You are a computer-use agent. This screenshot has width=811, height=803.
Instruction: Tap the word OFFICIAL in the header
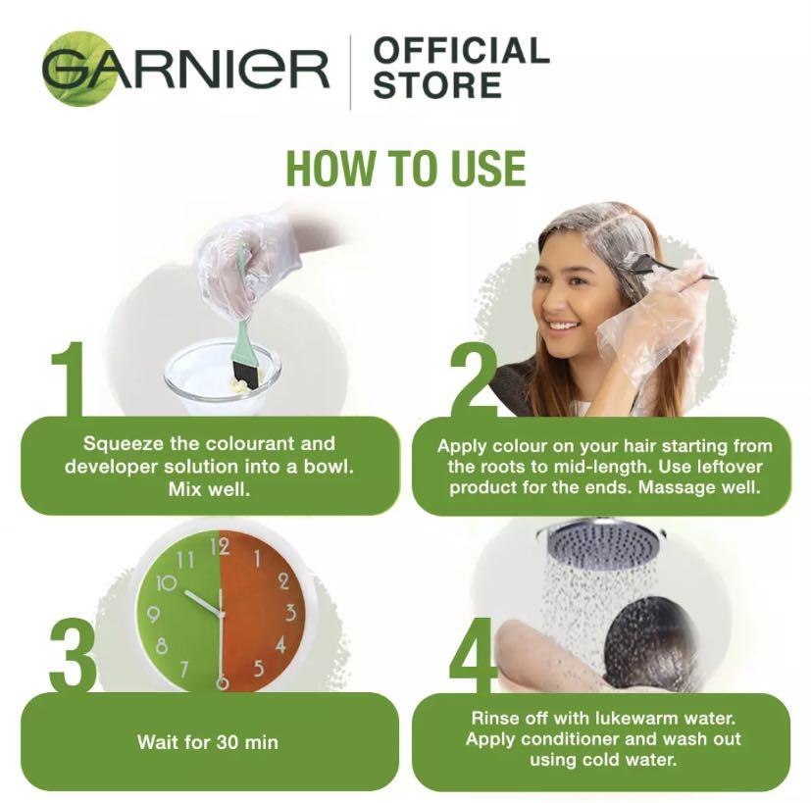461,51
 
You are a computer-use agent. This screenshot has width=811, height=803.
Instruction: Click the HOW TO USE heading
405,169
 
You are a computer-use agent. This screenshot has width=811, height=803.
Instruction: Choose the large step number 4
474,655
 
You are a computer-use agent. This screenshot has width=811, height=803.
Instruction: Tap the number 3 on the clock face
290,613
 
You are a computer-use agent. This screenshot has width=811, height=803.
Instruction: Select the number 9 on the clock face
152,615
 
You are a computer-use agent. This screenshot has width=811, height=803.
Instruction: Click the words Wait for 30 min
208,741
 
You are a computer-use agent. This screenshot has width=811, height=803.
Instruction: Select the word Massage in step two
676,487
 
